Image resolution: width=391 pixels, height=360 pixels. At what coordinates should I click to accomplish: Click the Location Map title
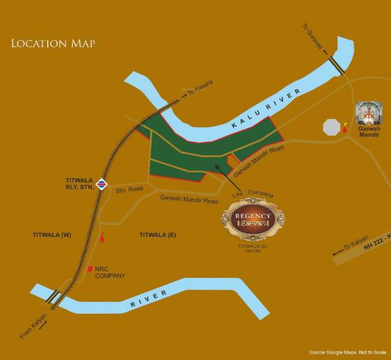click(x=53, y=44)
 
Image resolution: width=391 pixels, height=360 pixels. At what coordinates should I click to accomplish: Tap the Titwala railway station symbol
click(x=101, y=184)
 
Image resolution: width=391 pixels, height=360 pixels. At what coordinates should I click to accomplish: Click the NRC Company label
click(x=109, y=271)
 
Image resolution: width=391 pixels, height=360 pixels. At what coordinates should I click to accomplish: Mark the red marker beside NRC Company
click(x=89, y=268)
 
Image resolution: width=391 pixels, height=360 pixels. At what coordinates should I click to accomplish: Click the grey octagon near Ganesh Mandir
click(x=332, y=126)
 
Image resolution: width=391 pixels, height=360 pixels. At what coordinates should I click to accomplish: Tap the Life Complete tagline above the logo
click(x=253, y=195)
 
